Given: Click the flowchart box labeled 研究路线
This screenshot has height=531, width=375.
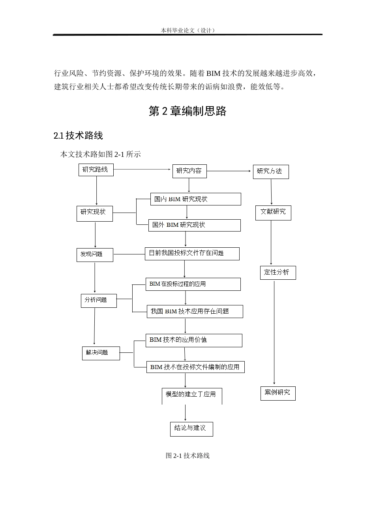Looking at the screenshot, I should point(96,170).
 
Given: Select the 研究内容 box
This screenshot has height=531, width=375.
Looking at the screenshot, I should point(189,171).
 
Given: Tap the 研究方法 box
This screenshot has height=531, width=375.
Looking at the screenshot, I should point(270,171).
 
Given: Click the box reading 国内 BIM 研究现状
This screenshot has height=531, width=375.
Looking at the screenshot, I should point(195,199).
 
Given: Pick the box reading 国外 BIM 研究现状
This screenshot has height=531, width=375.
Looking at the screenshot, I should point(194,225).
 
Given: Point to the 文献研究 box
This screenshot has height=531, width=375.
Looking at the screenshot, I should point(273,212).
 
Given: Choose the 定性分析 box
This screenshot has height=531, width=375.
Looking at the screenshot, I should point(277,273).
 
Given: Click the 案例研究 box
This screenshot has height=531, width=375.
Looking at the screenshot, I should point(277,393).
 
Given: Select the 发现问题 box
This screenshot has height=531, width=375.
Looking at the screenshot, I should point(95,254).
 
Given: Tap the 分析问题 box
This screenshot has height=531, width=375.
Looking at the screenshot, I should point(99,300).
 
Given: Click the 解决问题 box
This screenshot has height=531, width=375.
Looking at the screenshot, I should point(101,353).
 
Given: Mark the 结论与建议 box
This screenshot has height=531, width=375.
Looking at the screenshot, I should point(191,428).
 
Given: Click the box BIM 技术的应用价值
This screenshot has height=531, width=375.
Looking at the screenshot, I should point(193,340).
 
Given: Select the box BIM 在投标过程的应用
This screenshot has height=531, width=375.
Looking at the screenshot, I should point(193,284).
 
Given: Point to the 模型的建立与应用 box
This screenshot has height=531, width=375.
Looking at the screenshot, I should point(192,395).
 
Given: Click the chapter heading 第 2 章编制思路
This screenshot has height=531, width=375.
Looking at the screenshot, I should point(187,111).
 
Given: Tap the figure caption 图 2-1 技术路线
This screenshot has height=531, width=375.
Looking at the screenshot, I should point(187,456).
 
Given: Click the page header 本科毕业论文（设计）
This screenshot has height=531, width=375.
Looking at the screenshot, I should point(188,30).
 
